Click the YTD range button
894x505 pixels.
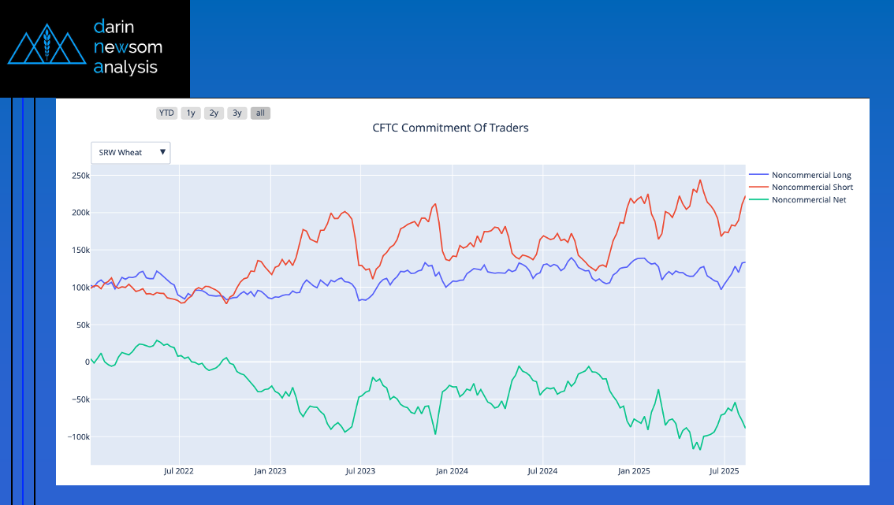point(166,113)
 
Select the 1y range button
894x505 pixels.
point(190,113)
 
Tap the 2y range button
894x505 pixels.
point(214,113)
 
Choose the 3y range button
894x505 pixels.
point(237,113)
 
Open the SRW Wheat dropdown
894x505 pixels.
point(131,152)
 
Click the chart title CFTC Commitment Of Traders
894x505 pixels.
point(450,128)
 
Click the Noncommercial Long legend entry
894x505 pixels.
point(811,175)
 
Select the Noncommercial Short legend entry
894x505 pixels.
point(812,188)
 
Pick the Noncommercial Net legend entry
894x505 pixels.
point(809,200)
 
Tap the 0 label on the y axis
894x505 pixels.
point(87,362)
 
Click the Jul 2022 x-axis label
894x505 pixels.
point(179,471)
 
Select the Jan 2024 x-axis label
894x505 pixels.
point(452,471)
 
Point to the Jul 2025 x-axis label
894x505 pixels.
point(724,471)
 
